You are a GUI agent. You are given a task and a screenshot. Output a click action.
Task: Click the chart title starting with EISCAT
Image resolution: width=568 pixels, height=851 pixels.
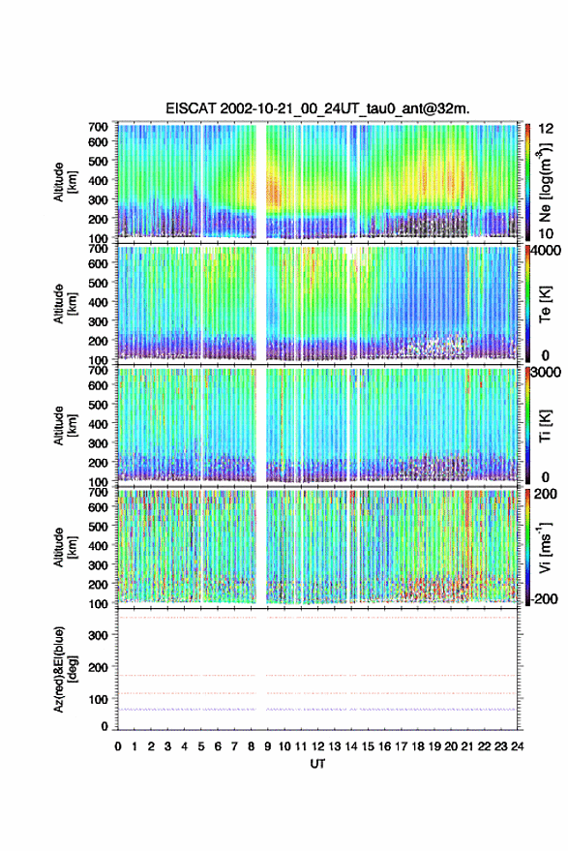(317, 108)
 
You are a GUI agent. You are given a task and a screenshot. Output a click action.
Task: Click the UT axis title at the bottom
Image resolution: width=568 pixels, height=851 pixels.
(317, 764)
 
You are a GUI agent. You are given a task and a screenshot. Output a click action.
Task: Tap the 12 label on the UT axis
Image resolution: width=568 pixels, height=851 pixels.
(317, 746)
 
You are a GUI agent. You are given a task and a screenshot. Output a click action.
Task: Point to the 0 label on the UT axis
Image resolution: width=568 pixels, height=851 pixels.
(118, 746)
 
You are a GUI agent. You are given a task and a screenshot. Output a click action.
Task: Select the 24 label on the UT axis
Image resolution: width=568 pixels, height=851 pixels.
(517, 746)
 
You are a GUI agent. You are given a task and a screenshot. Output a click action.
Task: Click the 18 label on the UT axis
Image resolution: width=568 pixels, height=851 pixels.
(417, 746)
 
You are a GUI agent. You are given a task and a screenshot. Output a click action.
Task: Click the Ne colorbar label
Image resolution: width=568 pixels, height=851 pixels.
(545, 182)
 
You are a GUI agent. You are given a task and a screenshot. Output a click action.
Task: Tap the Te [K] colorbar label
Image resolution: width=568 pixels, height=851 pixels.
(545, 304)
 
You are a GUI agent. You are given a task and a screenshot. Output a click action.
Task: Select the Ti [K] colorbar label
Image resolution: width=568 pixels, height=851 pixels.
(545, 426)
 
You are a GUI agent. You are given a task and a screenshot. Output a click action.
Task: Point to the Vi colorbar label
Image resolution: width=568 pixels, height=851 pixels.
(545, 547)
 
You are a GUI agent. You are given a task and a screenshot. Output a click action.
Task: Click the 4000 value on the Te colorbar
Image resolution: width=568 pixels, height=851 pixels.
(547, 250)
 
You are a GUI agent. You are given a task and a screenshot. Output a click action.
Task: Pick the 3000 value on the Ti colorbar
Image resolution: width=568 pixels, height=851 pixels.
(547, 372)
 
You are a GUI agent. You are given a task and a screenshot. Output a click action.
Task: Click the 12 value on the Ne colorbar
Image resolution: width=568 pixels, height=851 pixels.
(546, 129)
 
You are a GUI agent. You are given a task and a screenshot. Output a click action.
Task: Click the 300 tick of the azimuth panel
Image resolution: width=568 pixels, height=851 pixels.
(98, 635)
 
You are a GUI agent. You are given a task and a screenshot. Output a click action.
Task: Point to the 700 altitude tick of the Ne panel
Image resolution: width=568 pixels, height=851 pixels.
(98, 127)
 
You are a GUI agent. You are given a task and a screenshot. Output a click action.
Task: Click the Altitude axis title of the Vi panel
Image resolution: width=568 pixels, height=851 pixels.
(65, 547)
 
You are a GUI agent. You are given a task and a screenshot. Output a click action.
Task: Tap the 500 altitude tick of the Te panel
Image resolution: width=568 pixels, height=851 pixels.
(98, 283)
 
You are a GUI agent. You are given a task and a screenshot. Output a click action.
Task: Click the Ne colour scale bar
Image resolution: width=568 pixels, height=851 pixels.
(527, 182)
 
